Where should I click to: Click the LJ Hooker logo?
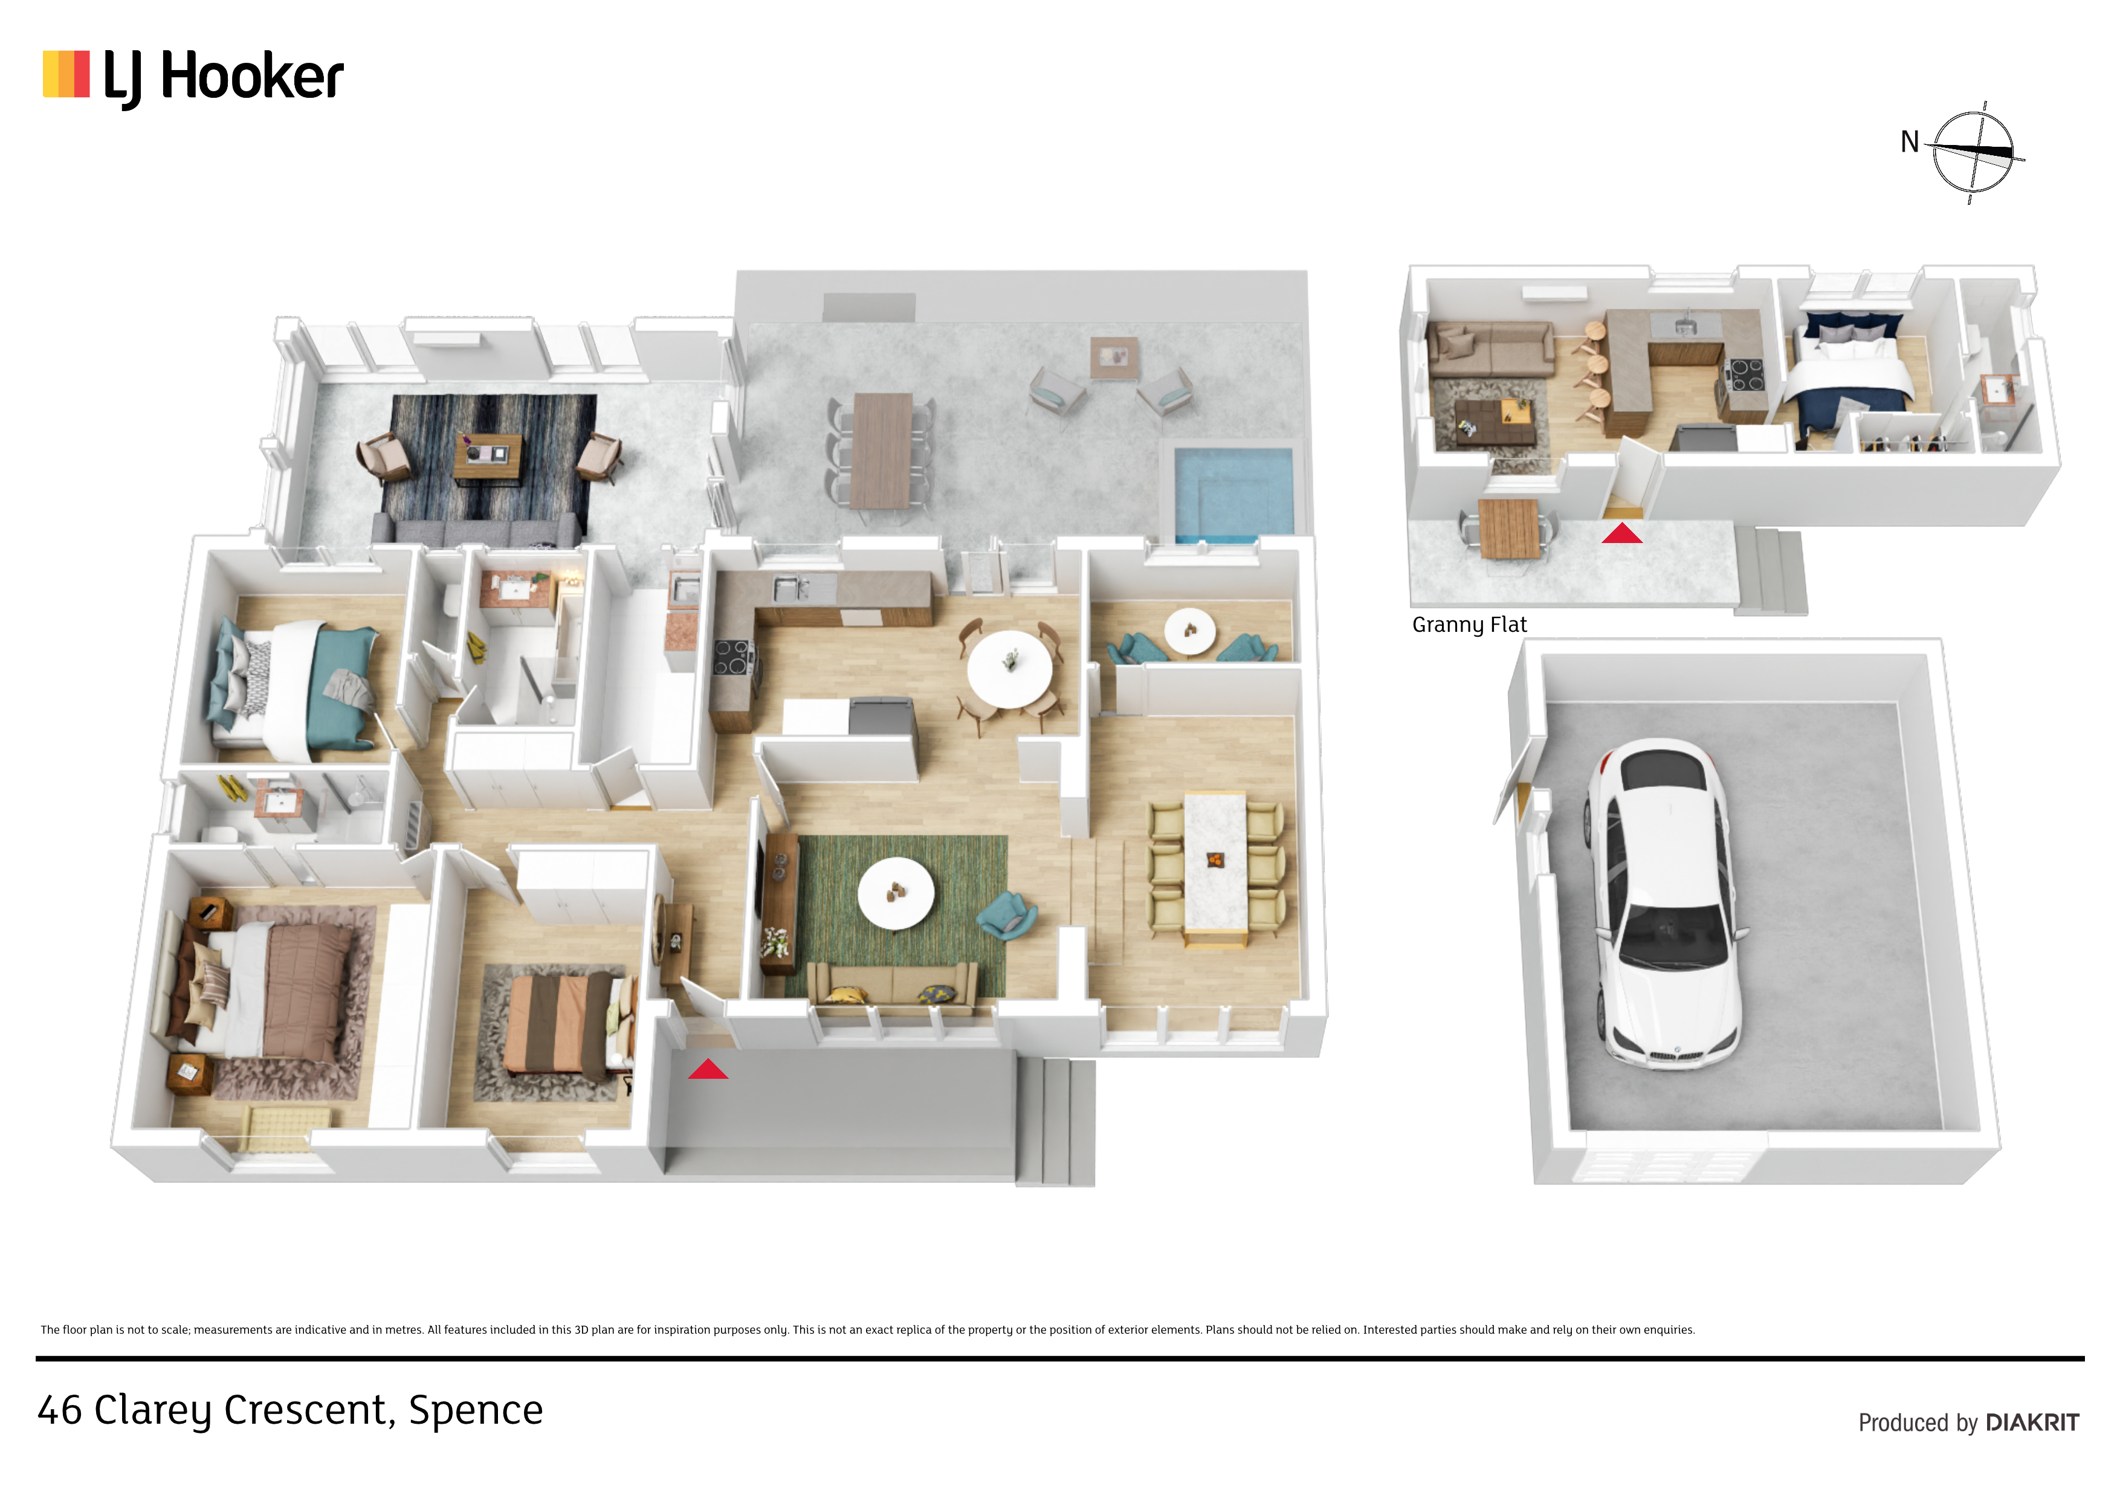pos(193,77)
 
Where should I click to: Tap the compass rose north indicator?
pos(1973,152)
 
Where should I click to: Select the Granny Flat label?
pos(1469,625)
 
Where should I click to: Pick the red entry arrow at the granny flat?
pos(1621,533)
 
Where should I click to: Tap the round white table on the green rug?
pos(896,893)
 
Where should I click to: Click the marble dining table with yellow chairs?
pos(1216,867)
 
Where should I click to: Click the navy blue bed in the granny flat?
pos(1847,374)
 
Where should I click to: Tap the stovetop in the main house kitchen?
pos(732,657)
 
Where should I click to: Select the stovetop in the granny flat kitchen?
pos(1745,374)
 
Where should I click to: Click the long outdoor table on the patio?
pos(882,451)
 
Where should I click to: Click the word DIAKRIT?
pos(2032,1422)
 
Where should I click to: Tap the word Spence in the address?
pos(476,1410)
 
